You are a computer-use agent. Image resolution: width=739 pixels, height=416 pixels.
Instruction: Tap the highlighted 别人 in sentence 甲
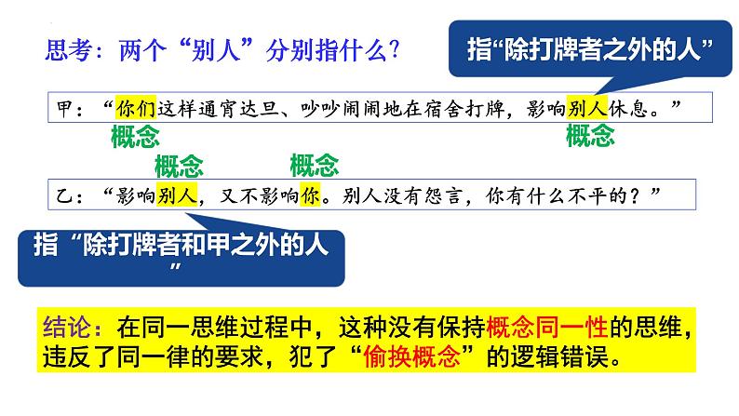click(586, 105)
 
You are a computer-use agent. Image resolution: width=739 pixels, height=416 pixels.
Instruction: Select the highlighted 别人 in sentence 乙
click(177, 195)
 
